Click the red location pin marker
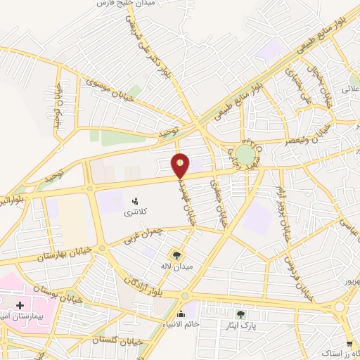[181, 165]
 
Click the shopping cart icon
[349, 344]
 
